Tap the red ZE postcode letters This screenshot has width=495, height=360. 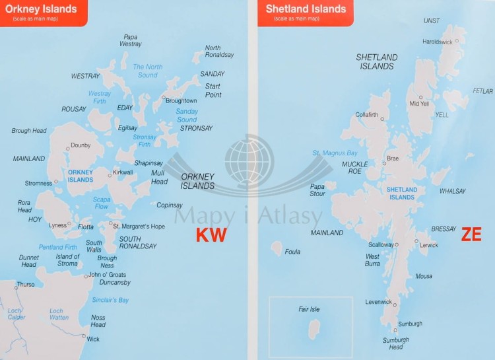[471, 234]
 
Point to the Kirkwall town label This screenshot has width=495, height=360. [123, 172]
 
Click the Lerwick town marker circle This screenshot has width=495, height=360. [415, 244]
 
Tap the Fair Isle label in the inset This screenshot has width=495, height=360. [309, 309]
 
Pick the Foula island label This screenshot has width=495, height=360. [292, 252]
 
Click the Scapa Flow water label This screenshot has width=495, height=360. [102, 202]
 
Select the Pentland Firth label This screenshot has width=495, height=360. [57, 246]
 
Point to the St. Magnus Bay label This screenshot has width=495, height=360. [335, 153]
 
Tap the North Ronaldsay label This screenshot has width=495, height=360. [219, 52]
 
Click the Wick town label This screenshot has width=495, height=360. [93, 339]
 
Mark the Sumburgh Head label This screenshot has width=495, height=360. [396, 343]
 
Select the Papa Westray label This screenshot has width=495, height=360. [131, 40]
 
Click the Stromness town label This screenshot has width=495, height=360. [38, 183]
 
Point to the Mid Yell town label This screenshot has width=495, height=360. [419, 104]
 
